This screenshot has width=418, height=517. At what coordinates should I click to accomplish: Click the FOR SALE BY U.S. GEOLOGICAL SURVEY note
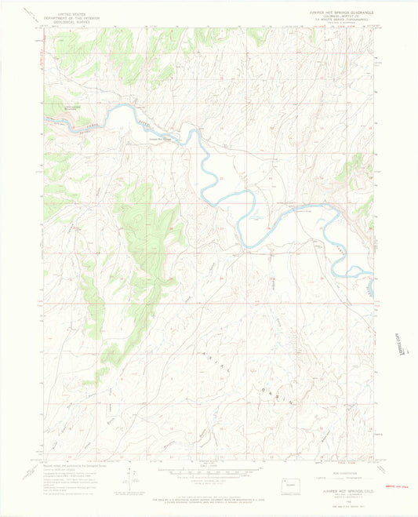pyautogui.click(x=209, y=499)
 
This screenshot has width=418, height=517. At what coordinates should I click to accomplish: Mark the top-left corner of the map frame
pyautogui.click(x=45, y=31)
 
